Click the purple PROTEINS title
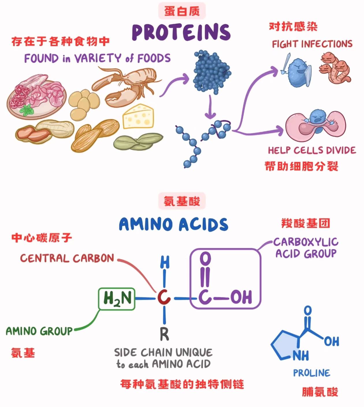pyautogui.click(x=181, y=32)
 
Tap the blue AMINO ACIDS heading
pyautogui.click(x=173, y=225)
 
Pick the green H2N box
pyautogui.click(x=117, y=299)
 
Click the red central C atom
pyautogui.click(x=164, y=297)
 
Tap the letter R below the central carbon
pyautogui.click(x=164, y=334)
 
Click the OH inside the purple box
pyautogui.click(x=241, y=297)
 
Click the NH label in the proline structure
pyautogui.click(x=301, y=355)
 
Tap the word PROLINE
pyautogui.click(x=311, y=373)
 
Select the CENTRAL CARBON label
pyautogui.click(x=67, y=258)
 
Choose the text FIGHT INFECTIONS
pyautogui.click(x=312, y=44)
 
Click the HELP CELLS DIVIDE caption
pyautogui.click(x=312, y=150)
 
